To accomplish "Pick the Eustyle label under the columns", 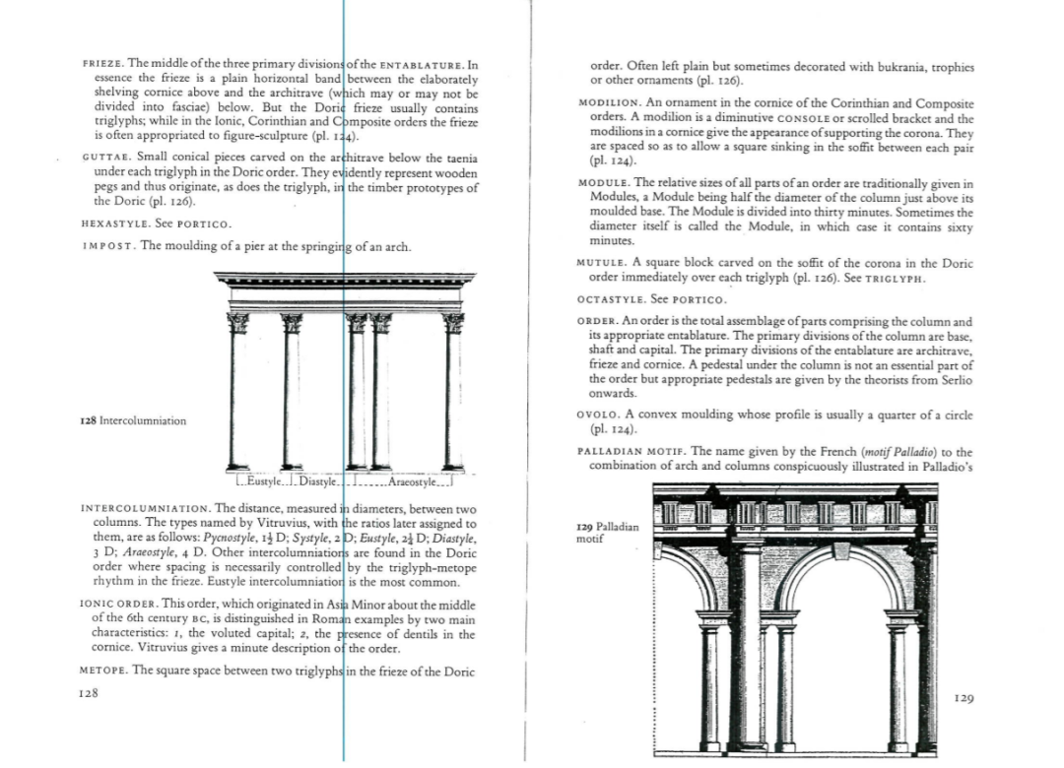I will click(262, 481).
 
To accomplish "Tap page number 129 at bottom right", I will click(964, 699).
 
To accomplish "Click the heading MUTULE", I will click(602, 263).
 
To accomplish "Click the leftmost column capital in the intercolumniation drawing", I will click(236, 323).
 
